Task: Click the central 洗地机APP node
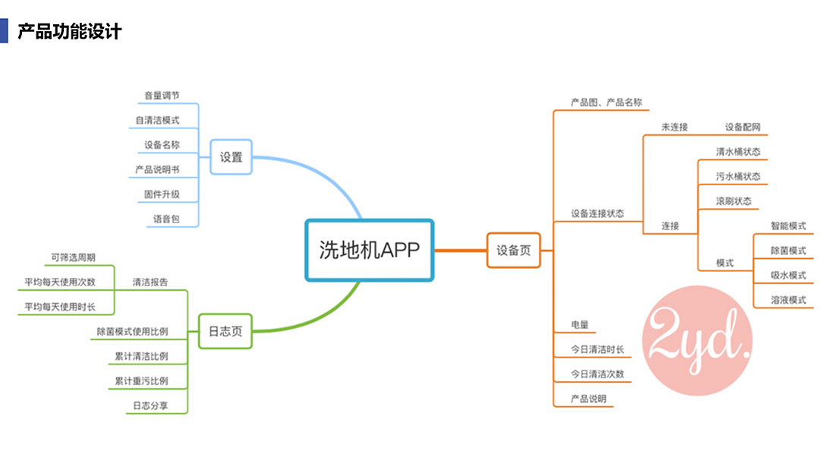(369, 251)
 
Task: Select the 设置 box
(231, 157)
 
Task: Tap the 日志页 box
(225, 330)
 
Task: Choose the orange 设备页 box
(514, 251)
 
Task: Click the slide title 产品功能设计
(69, 32)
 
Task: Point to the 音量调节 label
(162, 96)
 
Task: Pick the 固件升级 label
(162, 194)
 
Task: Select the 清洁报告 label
(150, 282)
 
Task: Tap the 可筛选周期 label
(73, 257)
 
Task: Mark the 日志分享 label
(150, 406)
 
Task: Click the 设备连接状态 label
(597, 213)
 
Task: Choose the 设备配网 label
(742, 127)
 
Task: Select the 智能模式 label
(788, 226)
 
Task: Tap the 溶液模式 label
(788, 300)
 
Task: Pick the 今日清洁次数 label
(597, 374)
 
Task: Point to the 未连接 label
(674, 127)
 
